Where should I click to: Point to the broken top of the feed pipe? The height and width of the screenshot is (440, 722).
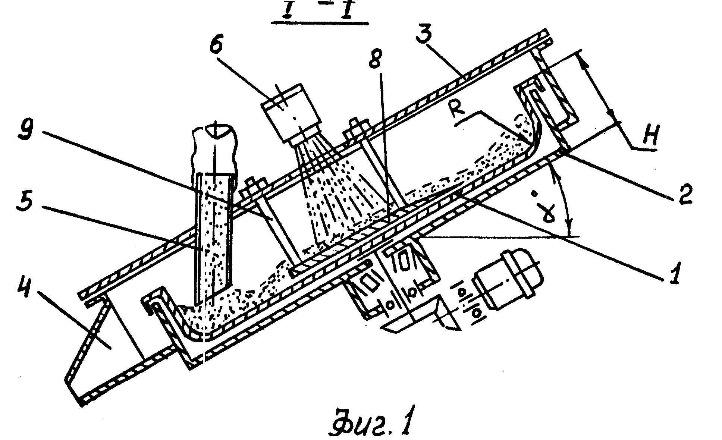coord(215,149)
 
